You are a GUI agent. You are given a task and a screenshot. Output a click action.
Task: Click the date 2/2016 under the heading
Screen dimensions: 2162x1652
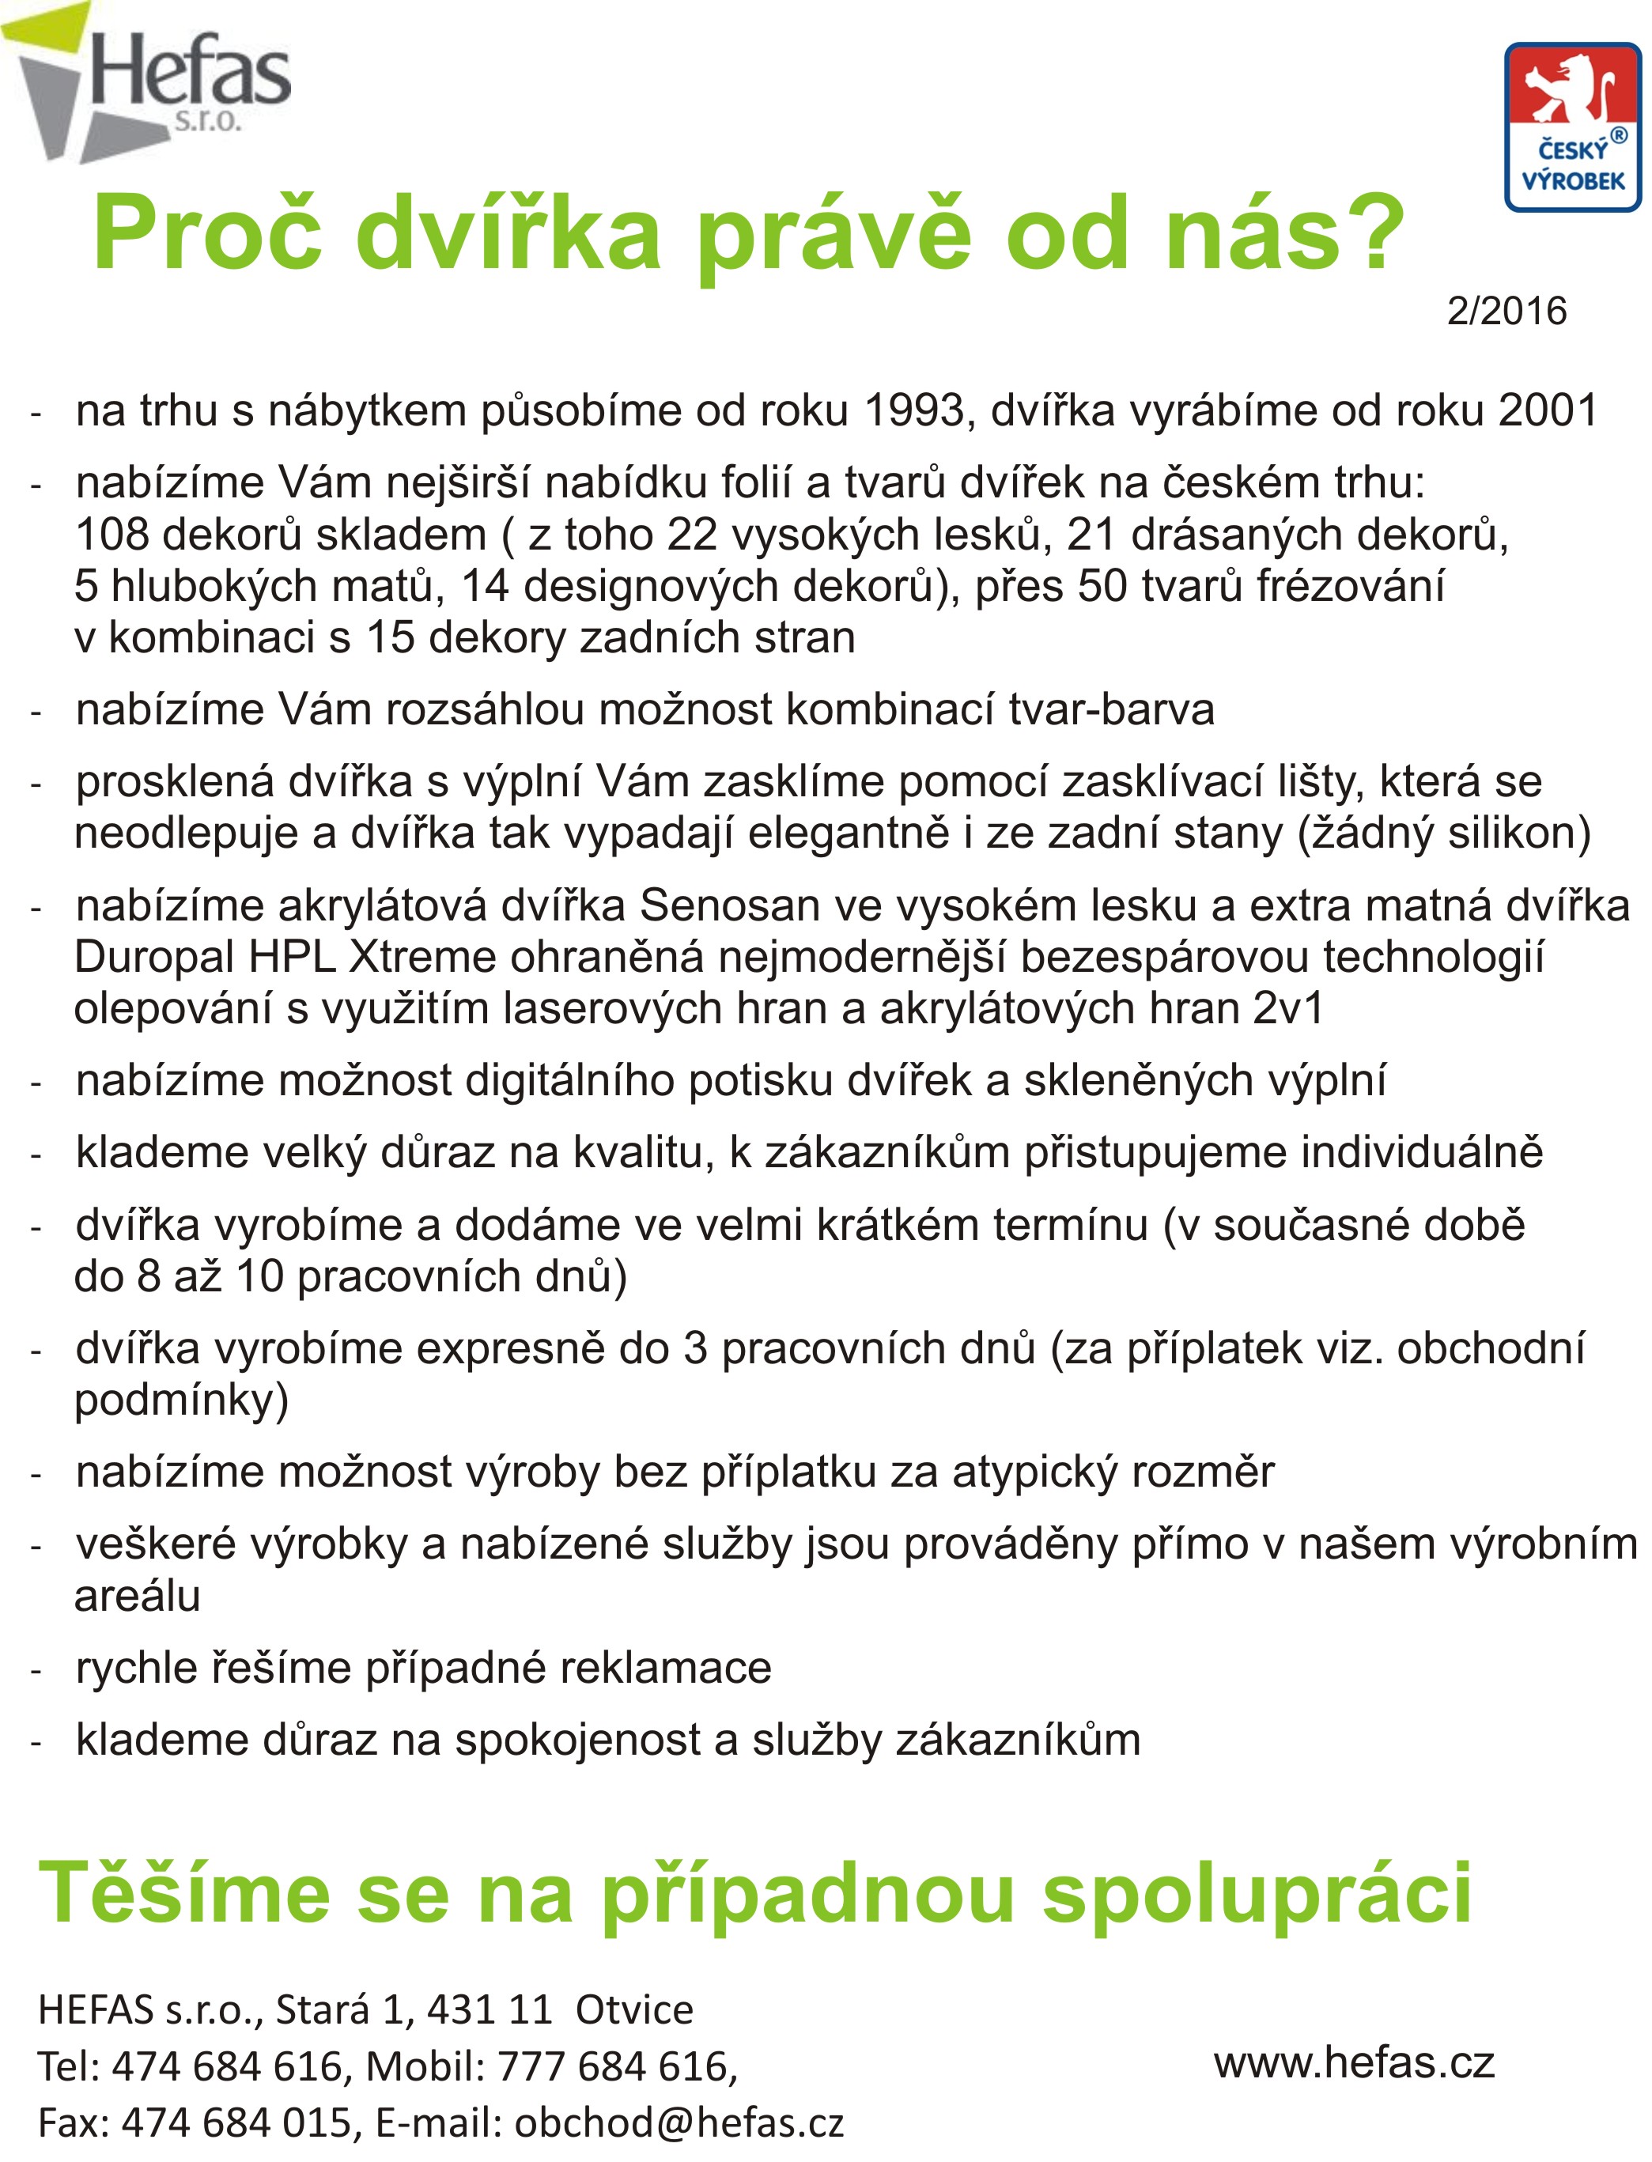[1506, 312]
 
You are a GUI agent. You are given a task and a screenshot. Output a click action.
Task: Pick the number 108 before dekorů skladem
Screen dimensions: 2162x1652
[112, 535]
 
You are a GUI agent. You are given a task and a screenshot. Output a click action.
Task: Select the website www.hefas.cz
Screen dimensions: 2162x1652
[1354, 2062]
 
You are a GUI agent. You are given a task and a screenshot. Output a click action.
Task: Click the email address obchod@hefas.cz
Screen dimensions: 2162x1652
[679, 2122]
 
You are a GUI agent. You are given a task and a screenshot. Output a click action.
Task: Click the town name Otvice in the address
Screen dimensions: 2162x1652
[634, 2009]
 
